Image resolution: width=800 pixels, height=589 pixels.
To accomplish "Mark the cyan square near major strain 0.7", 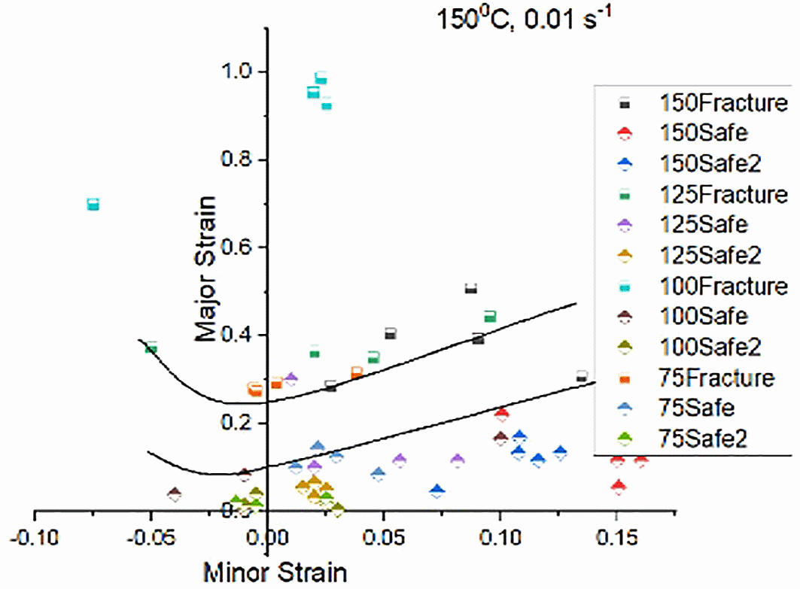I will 93,205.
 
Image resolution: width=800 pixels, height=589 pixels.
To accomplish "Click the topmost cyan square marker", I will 321,78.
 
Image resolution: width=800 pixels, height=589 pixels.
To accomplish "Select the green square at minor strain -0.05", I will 151,348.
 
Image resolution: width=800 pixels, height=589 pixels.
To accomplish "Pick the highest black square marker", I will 471,289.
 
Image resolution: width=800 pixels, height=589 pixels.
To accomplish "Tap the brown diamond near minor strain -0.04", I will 175,494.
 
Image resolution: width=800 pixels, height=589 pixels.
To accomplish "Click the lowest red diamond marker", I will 619,487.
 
